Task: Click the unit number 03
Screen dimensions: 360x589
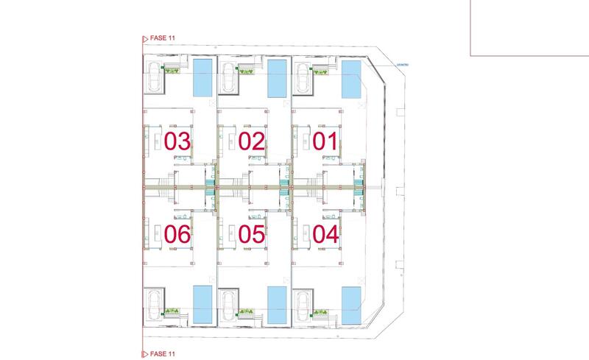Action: pos(177,141)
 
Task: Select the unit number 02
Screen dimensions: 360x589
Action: pos(251,141)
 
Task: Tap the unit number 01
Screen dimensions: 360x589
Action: pos(325,141)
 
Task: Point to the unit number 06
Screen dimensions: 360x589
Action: pos(177,235)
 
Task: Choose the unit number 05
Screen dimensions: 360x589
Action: pos(251,235)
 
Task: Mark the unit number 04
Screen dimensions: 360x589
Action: pos(325,235)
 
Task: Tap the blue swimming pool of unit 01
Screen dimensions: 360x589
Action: pos(352,80)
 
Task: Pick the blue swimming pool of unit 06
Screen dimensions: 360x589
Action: pos(202,305)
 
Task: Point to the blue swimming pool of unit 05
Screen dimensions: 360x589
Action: pos(278,305)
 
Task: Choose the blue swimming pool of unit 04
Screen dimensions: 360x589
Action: pos(352,305)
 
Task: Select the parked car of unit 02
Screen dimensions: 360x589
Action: pos(228,77)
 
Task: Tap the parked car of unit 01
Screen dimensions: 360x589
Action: pos(303,77)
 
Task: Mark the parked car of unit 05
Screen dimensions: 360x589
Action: pos(228,304)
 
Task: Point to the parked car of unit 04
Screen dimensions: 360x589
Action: pos(303,304)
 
